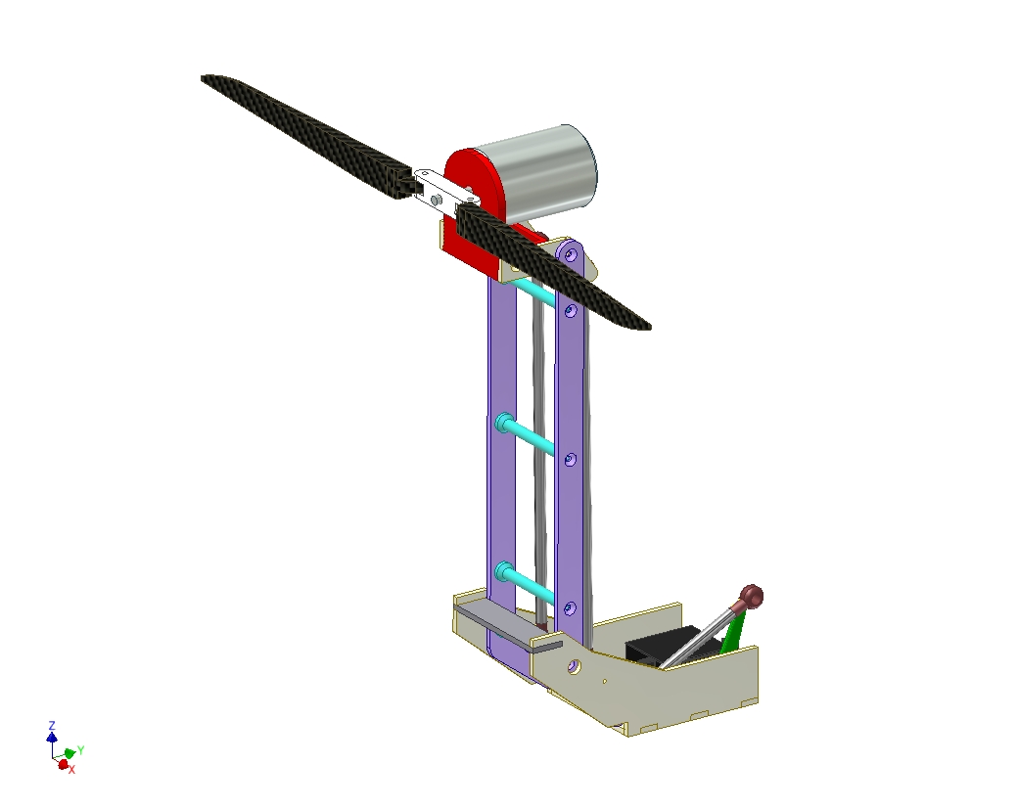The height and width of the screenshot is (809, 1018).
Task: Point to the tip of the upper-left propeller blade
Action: click(x=203, y=78)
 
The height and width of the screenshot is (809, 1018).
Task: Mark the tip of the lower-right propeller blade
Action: click(x=649, y=327)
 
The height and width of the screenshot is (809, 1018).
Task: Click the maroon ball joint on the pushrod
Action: click(x=751, y=596)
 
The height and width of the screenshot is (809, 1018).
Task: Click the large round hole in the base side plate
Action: click(x=574, y=666)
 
